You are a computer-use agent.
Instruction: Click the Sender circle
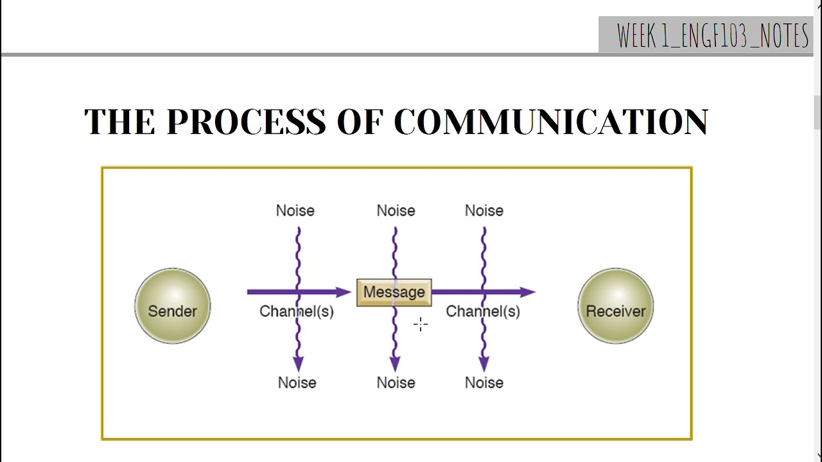click(x=172, y=306)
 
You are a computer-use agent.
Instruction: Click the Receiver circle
click(x=615, y=306)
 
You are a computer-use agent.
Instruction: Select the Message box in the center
click(x=394, y=293)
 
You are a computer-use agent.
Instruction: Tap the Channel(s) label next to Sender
click(x=297, y=312)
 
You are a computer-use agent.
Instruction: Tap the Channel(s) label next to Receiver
click(x=483, y=312)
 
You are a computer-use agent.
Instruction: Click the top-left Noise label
click(x=295, y=210)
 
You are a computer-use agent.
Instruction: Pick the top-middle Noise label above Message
click(x=396, y=210)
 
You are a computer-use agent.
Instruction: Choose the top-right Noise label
click(x=484, y=210)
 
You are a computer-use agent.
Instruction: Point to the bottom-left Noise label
click(x=297, y=382)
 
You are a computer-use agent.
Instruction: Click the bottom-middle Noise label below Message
click(x=396, y=382)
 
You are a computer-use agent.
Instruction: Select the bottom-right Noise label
click(x=484, y=382)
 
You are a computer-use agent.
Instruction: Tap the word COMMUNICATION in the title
click(x=551, y=121)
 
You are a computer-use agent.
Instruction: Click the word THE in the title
click(x=119, y=121)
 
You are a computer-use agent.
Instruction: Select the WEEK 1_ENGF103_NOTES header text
click(x=712, y=36)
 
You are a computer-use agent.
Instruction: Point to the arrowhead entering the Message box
click(x=344, y=292)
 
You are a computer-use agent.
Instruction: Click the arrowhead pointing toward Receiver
click(x=528, y=292)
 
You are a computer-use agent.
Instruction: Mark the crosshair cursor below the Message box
click(x=421, y=325)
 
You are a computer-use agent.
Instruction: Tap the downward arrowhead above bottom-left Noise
click(x=298, y=364)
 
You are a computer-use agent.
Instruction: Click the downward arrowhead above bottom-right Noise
click(x=484, y=364)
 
